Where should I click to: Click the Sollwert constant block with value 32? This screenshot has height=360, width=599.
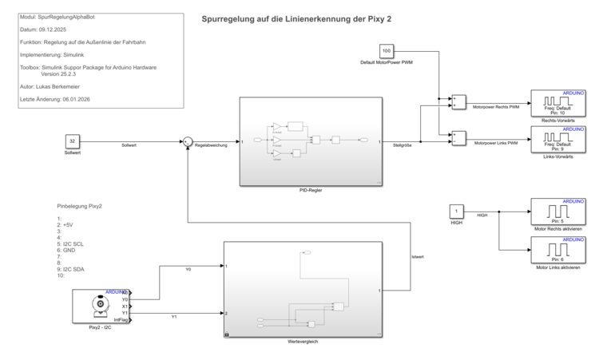coord(72,141)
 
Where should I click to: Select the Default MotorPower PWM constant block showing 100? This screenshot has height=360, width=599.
coord(387,52)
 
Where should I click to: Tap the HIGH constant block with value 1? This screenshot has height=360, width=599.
coord(456,212)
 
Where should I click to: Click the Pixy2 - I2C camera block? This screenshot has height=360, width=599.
coord(100,307)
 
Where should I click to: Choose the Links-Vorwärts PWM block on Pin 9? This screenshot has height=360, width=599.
coord(558,139)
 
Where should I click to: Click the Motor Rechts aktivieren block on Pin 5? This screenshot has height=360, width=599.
coord(558,212)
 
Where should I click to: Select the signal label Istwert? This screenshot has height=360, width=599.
coord(418,257)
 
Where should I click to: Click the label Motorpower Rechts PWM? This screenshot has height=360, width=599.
coord(496,107)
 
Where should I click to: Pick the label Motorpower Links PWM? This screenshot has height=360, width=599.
coord(495,143)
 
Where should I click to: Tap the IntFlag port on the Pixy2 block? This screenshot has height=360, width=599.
coord(122,320)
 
